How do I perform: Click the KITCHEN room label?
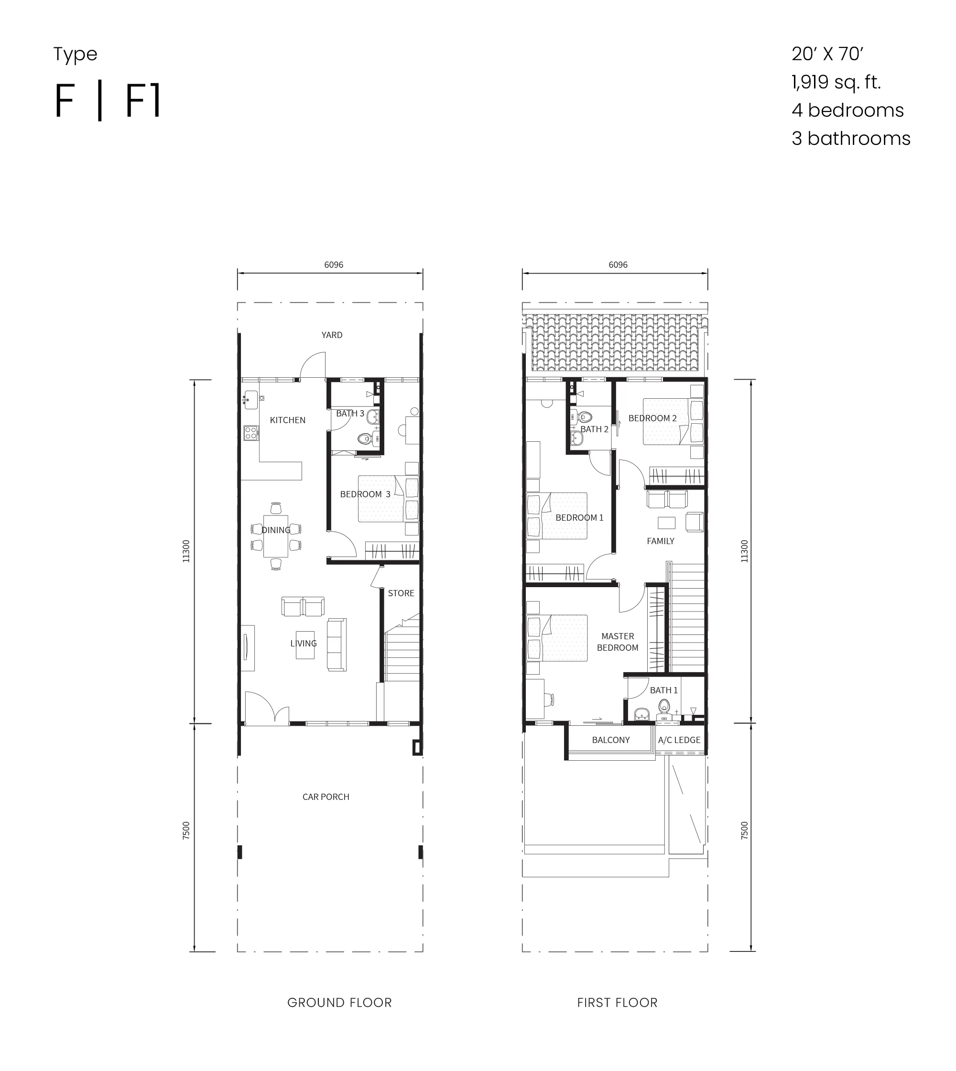click(x=287, y=420)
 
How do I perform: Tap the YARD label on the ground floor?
click(x=332, y=335)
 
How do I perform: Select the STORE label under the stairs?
click(x=402, y=593)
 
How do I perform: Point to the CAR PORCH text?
click(x=326, y=797)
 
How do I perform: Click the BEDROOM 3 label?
click(x=365, y=494)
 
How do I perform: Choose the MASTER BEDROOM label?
click(x=618, y=642)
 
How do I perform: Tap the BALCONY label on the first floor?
click(x=611, y=740)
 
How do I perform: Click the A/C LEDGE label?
click(x=679, y=740)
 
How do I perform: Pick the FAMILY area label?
click(x=660, y=541)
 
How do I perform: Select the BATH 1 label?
click(x=664, y=690)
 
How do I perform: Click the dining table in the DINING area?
click(x=276, y=536)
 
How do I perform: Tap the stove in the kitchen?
click(x=251, y=433)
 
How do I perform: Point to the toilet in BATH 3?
click(x=365, y=438)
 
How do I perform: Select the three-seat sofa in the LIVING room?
click(x=337, y=645)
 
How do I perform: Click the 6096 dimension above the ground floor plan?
click(x=334, y=265)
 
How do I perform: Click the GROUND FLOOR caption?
click(x=339, y=1003)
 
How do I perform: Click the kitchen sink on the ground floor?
click(x=250, y=400)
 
